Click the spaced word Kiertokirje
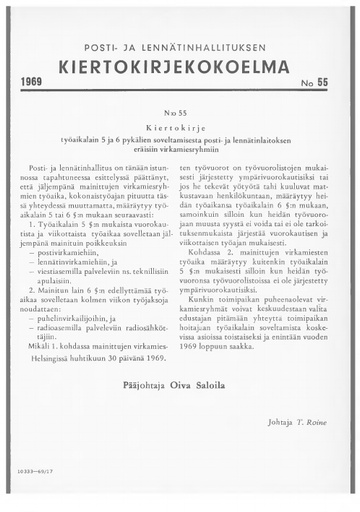tap(180, 130)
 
